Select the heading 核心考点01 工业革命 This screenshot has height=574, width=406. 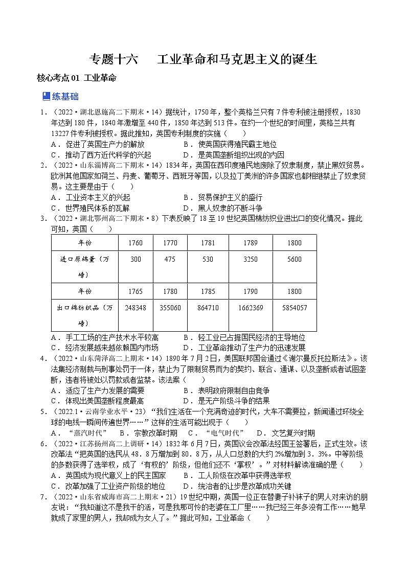click(77, 78)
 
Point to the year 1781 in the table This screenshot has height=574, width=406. click(208, 243)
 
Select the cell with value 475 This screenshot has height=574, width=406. click(170, 259)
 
